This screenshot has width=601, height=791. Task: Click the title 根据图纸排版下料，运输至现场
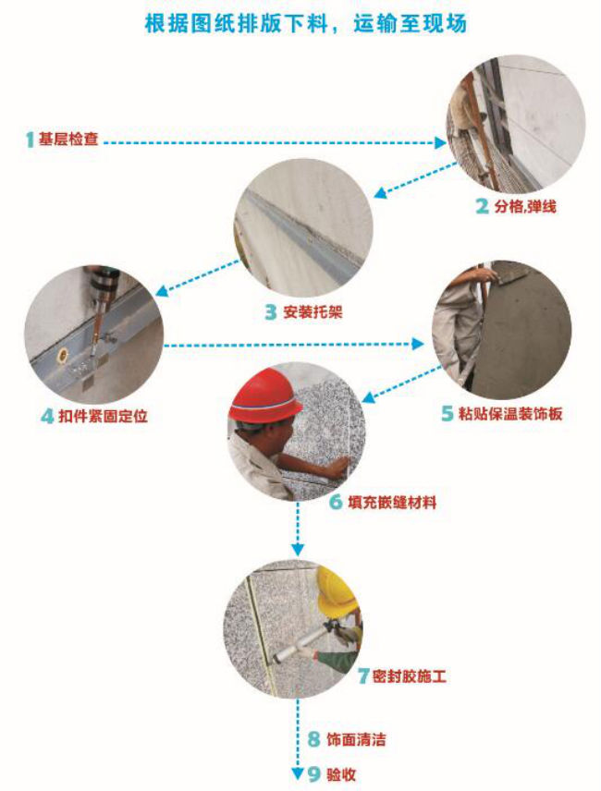click(305, 23)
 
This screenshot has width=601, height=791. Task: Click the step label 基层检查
click(68, 139)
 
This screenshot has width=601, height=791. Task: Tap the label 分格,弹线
click(525, 206)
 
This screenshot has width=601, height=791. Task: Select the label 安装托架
click(313, 311)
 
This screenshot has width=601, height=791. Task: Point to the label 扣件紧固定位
click(103, 416)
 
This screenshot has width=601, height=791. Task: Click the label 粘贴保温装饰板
click(510, 413)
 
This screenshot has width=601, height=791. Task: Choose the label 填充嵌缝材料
click(392, 503)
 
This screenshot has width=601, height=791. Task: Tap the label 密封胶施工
click(410, 675)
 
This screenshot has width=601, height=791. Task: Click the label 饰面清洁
click(356, 739)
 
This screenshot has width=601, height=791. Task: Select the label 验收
click(340, 773)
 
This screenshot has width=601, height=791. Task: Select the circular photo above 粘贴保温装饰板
click(501, 330)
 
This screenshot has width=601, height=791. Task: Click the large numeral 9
click(313, 773)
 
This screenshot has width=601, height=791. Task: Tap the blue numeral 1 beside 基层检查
click(30, 140)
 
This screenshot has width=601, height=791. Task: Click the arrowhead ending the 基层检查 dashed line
click(440, 142)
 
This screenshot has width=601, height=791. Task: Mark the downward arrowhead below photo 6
click(298, 549)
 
